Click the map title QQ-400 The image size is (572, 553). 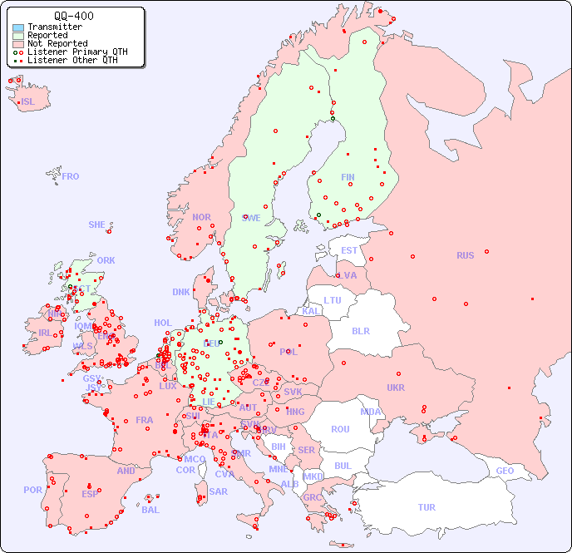coord(73,16)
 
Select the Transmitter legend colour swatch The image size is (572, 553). coord(18,27)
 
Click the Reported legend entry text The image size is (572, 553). coord(47,35)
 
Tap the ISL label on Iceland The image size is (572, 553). coord(28,102)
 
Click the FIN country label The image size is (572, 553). coord(348,177)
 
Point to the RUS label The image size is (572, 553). coord(465,255)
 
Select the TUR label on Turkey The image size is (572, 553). coord(427,507)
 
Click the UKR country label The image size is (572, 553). coord(396,388)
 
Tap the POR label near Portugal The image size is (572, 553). coord(32,490)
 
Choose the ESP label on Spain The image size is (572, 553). coord(90,493)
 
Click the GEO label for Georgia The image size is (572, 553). coord(505,471)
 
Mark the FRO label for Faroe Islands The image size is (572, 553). coord(71,176)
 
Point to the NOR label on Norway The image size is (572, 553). coord(201,217)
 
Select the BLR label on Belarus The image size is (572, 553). coord(360,330)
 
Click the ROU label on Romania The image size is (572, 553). coord(340,429)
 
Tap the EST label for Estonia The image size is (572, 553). coord(349,250)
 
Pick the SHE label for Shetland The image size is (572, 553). coord(97,225)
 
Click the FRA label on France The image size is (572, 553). coord(145,420)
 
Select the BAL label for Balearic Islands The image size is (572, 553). coord(150,510)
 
